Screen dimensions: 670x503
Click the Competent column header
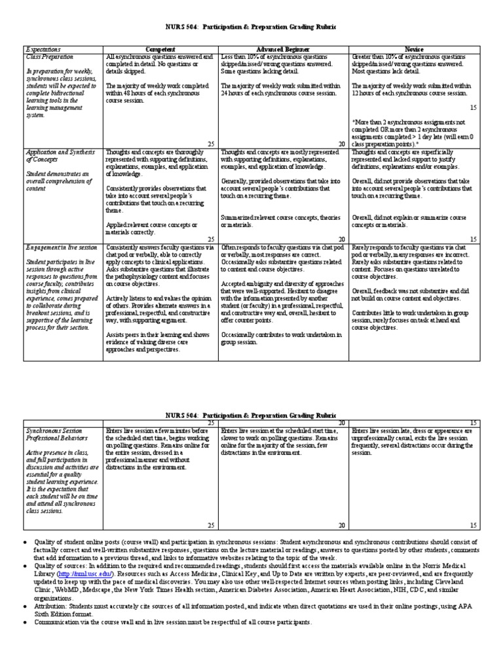click(x=160, y=49)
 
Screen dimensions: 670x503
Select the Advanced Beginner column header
click(x=283, y=49)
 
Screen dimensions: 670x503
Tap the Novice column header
click(x=413, y=49)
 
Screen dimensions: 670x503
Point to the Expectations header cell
click(x=43, y=49)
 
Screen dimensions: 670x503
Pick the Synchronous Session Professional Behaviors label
click(x=61, y=436)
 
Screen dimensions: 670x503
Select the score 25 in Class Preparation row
click(x=211, y=144)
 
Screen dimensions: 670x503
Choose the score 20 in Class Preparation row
click(x=341, y=144)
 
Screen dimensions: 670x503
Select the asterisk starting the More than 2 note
click(x=354, y=122)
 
